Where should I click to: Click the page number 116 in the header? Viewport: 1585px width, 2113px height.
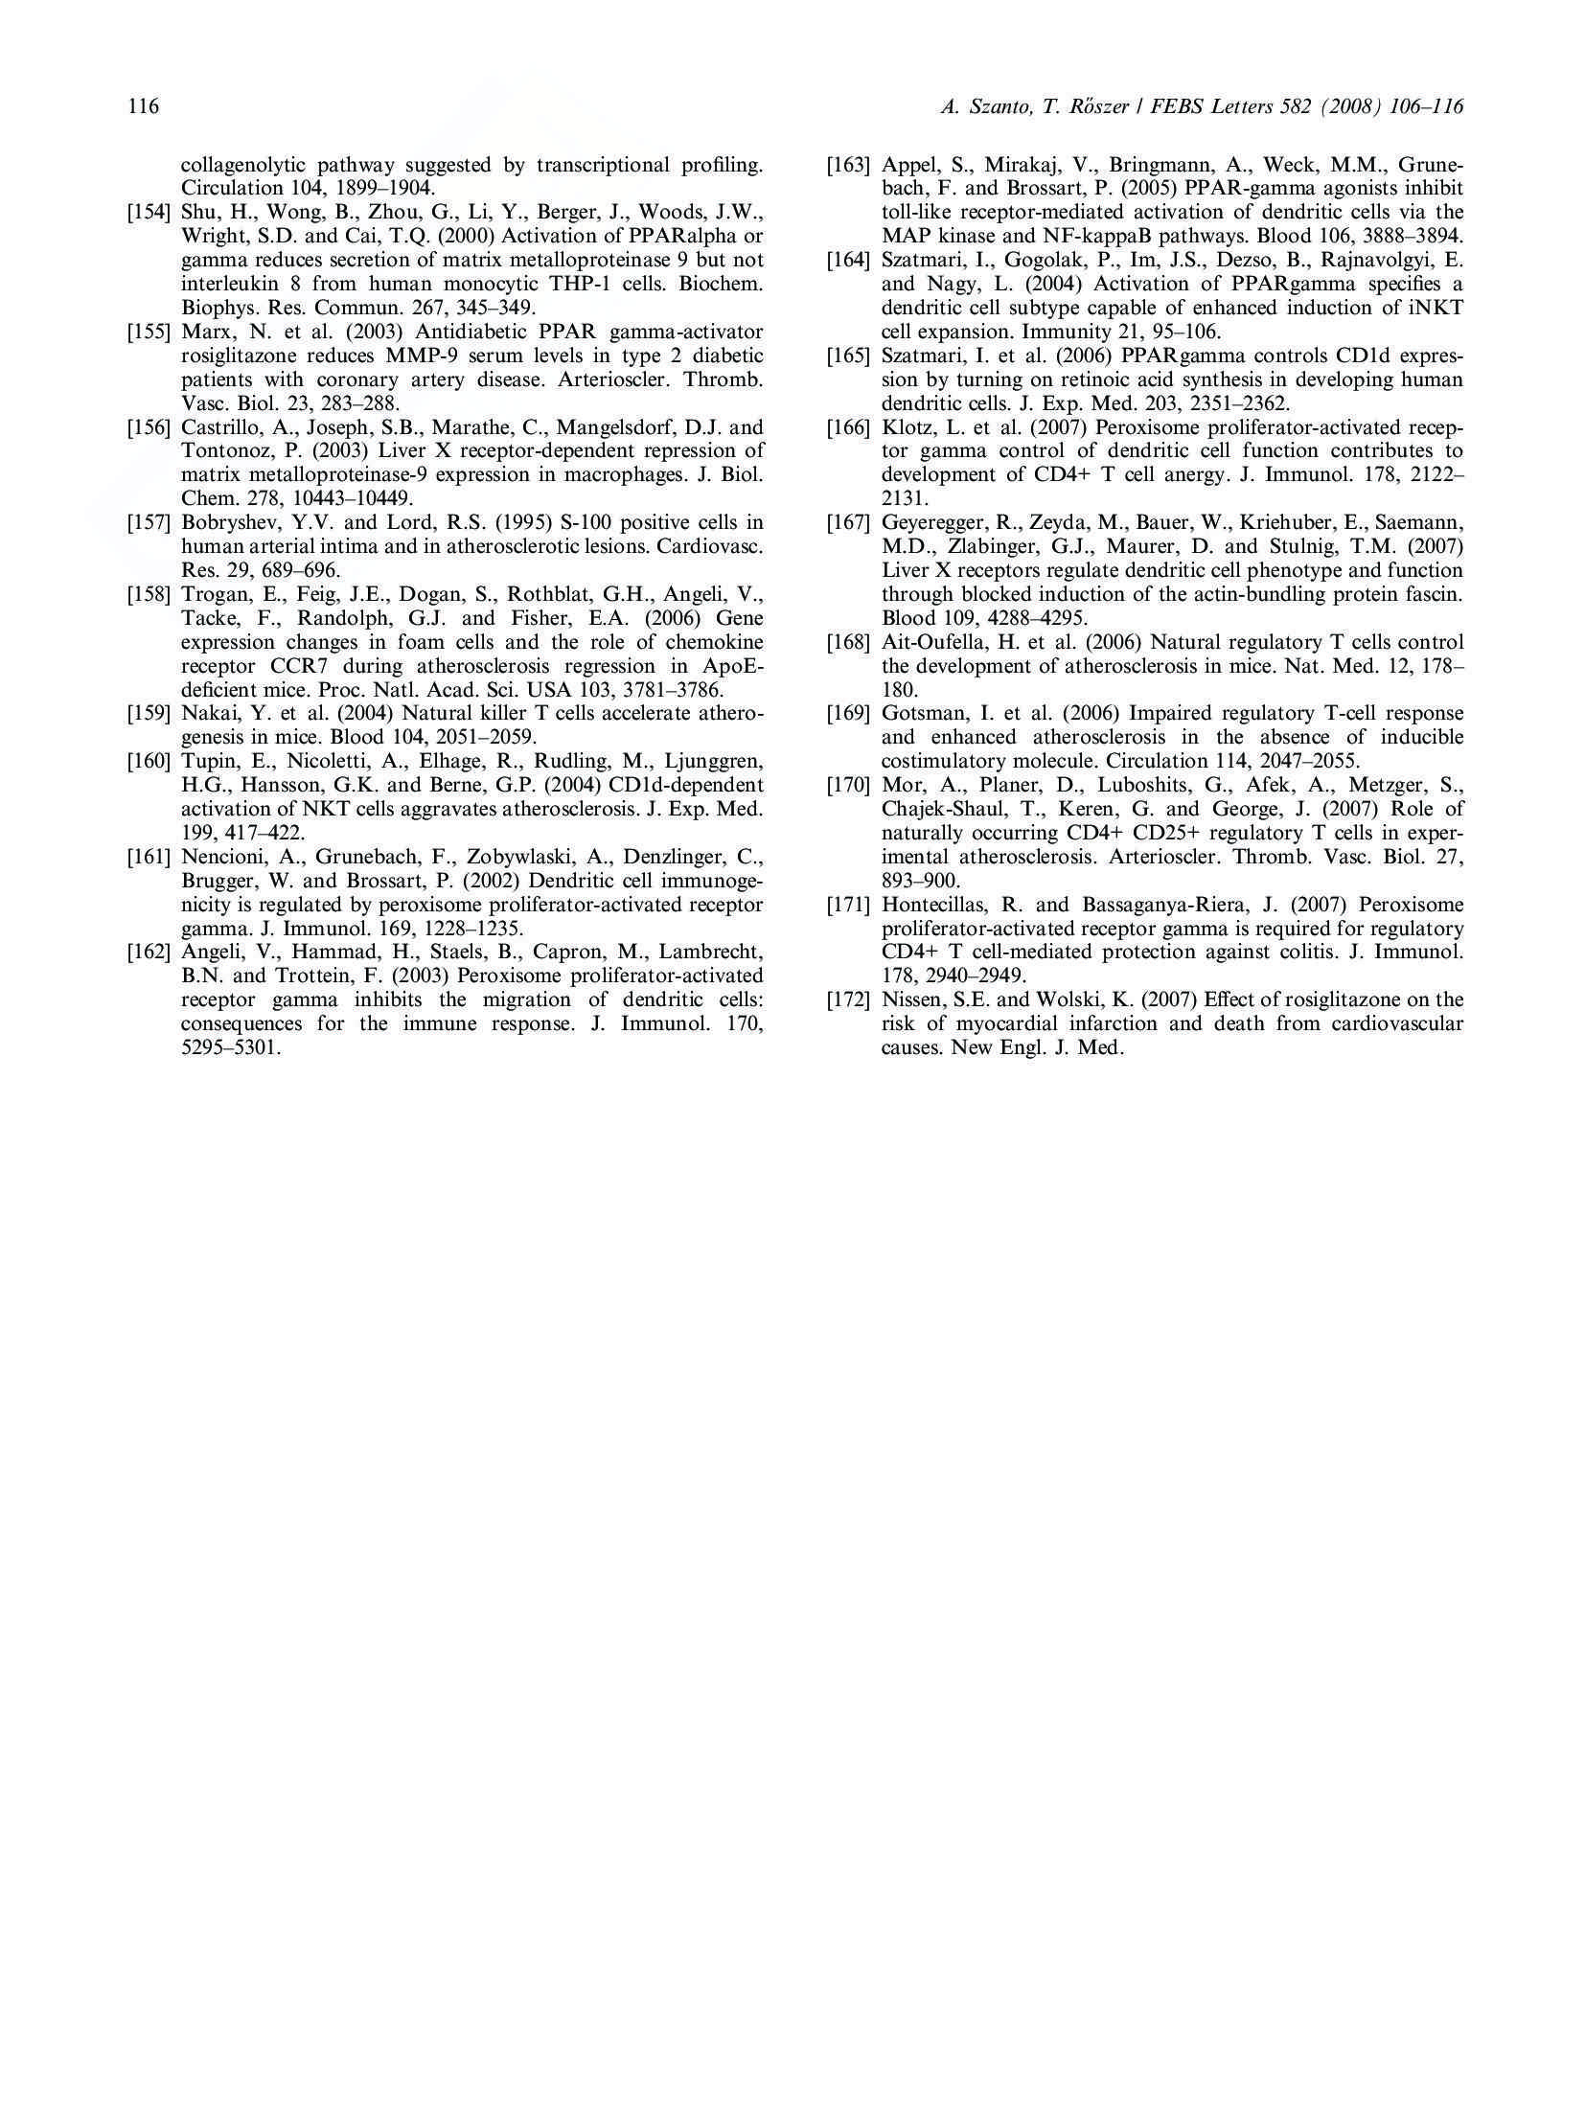(x=143, y=106)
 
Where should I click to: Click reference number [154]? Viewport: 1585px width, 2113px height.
(x=149, y=213)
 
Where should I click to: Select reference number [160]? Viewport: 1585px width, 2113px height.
(x=149, y=762)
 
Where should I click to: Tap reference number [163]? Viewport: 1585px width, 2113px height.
(x=848, y=165)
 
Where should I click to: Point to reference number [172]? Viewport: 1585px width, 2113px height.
(x=848, y=1000)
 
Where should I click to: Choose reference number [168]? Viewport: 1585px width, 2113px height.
(x=848, y=642)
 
